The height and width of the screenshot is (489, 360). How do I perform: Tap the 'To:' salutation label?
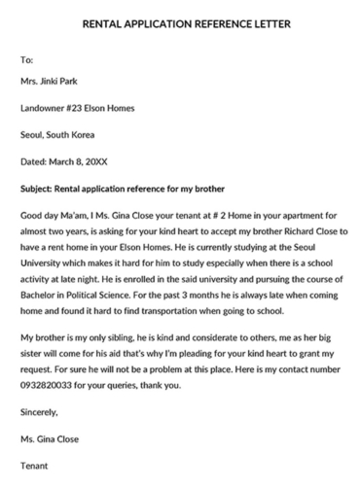point(27,60)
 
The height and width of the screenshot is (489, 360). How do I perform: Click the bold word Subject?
point(42,183)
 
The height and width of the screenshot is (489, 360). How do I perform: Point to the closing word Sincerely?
point(42,411)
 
